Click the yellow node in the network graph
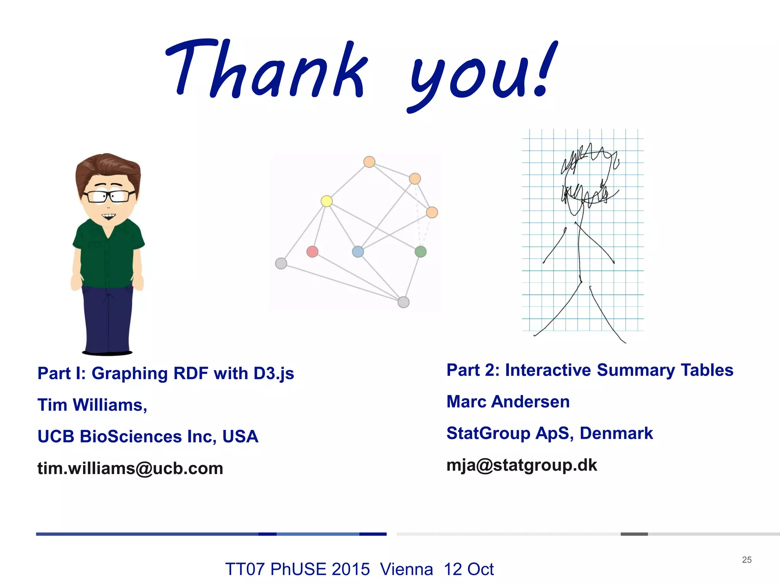[326, 201]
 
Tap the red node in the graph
[312, 251]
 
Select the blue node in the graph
[358, 251]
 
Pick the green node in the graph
[420, 251]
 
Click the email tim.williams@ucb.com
[130, 468]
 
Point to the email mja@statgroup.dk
[521, 465]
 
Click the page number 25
[746, 559]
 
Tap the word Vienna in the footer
[406, 569]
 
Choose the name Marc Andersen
[508, 402]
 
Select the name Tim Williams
[91, 405]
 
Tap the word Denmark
[616, 433]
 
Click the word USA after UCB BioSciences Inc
[240, 436]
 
